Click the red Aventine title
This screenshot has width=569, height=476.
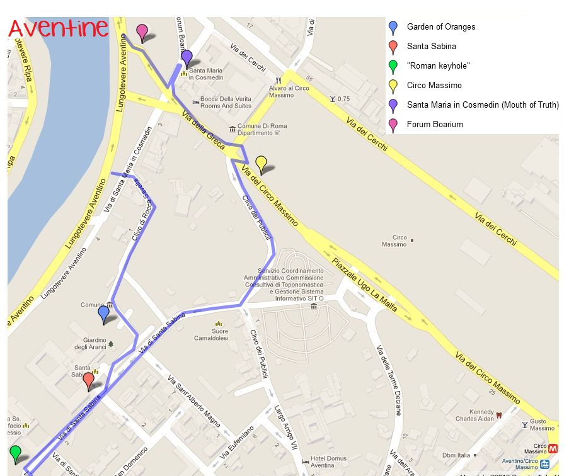click(58, 29)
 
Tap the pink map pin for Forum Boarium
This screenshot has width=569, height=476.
click(142, 31)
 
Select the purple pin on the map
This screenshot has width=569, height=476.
click(187, 59)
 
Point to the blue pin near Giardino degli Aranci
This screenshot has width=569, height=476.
click(104, 314)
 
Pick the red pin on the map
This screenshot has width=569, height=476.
click(88, 381)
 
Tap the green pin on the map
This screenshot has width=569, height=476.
click(15, 454)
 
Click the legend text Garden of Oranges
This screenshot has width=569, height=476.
click(441, 27)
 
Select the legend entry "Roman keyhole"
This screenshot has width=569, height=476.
click(439, 66)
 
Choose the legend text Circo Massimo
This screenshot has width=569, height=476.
click(434, 86)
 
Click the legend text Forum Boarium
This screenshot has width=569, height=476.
click(435, 125)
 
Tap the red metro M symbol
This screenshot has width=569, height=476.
click(553, 450)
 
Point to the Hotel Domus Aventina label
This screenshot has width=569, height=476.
click(328, 463)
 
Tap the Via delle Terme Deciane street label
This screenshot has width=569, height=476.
click(389, 380)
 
